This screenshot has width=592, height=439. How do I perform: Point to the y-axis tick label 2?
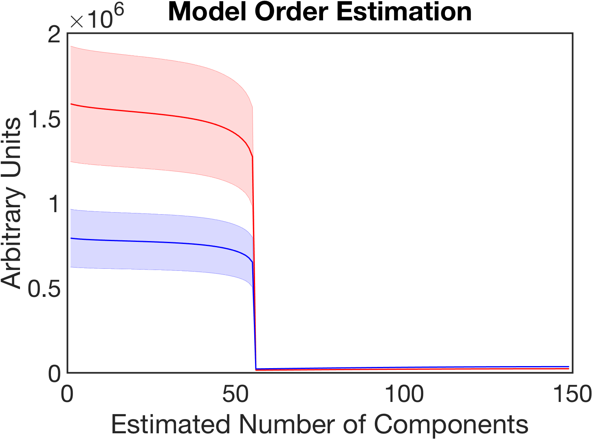(55, 36)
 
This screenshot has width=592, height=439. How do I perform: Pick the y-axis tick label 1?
(55, 205)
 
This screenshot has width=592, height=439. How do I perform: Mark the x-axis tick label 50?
(235, 394)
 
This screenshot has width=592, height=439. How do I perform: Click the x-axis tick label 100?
(404, 394)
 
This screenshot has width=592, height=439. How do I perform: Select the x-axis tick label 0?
(67, 394)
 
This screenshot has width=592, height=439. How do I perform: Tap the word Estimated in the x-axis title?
(171, 424)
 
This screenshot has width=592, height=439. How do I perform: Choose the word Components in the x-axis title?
(451, 424)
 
